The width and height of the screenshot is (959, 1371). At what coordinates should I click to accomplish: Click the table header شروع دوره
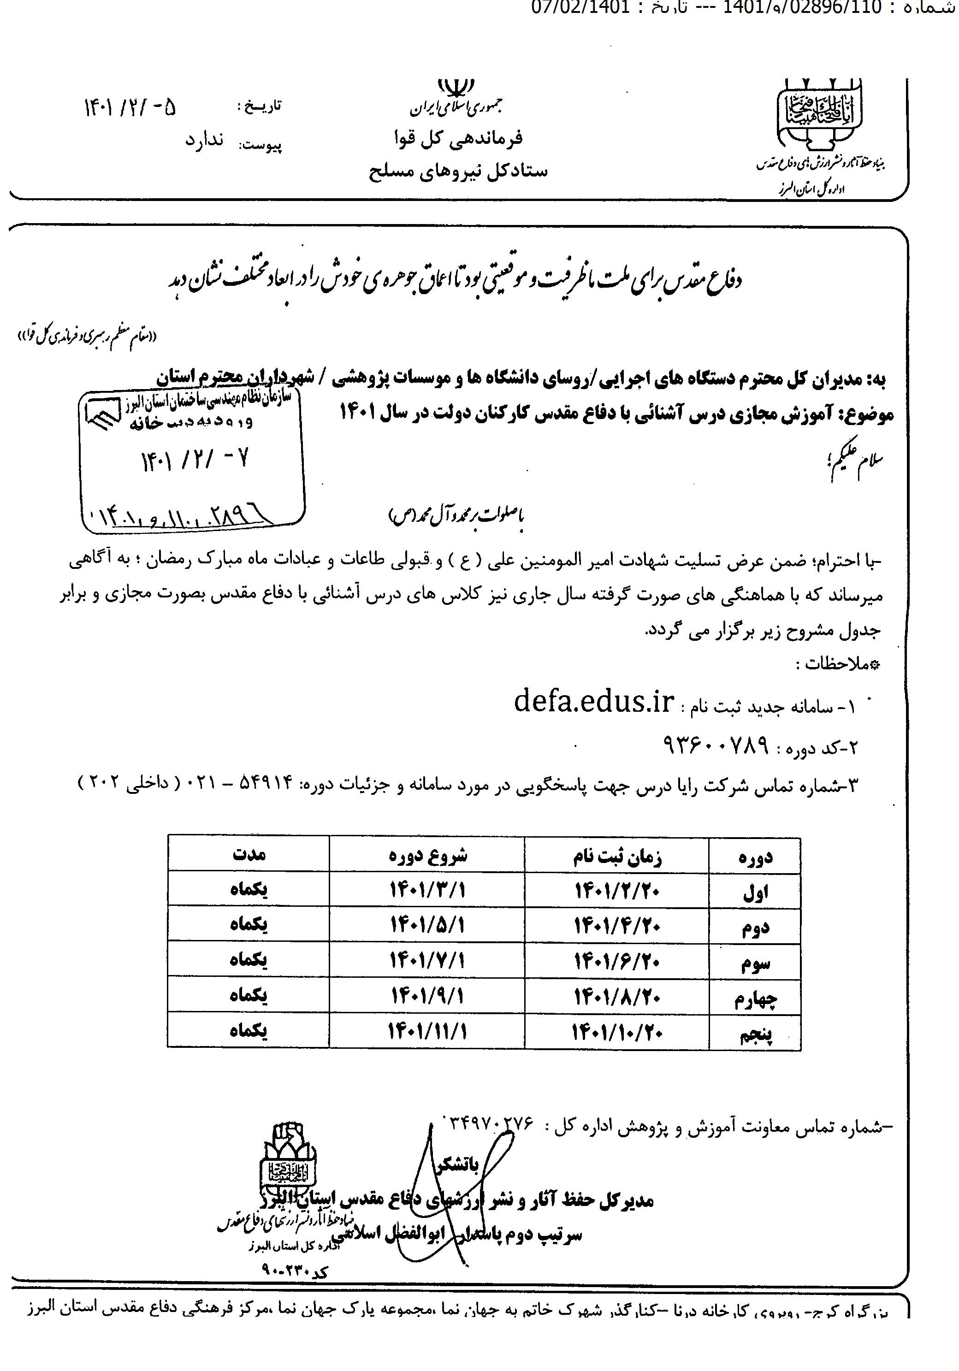[427, 855]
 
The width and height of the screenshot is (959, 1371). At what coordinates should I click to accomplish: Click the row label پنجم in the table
[757, 1035]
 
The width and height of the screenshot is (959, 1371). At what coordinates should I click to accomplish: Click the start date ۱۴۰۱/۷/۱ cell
[427, 961]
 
